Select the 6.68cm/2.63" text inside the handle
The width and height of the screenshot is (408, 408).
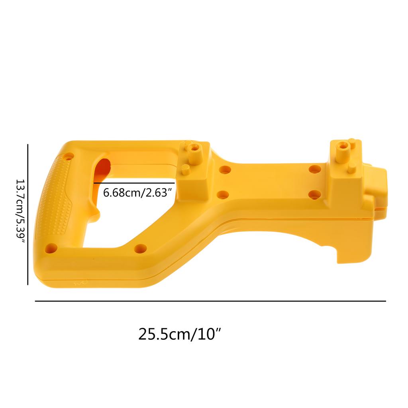[x=137, y=193]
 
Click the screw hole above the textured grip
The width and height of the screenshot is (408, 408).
[x=69, y=157]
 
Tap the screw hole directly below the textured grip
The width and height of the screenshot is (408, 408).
[x=51, y=249]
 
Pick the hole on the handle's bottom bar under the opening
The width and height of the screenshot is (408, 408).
[x=140, y=249]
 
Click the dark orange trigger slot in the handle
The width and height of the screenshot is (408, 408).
[x=102, y=169]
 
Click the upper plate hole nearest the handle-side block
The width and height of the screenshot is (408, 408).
[x=225, y=170]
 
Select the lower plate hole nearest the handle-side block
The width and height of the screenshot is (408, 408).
[x=223, y=195]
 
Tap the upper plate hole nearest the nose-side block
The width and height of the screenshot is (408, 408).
[x=315, y=169]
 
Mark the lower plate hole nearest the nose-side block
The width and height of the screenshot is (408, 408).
[x=315, y=194]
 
